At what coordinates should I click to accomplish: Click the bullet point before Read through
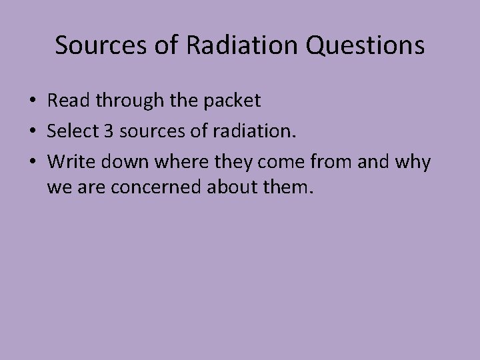pyautogui.click(x=33, y=102)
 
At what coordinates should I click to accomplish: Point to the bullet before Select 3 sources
pyautogui.click(x=33, y=131)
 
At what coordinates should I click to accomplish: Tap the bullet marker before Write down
pyautogui.click(x=33, y=161)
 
